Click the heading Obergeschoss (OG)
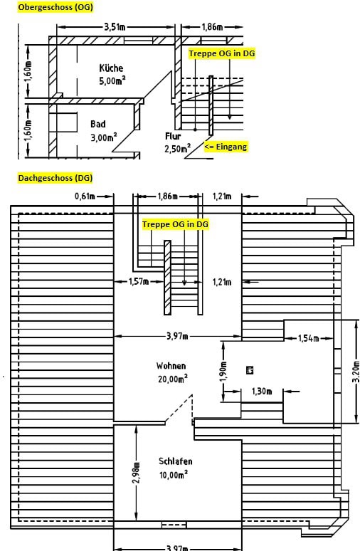55,7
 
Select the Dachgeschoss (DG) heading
55,178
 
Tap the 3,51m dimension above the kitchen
115,27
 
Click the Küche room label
111,68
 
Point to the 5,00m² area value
112,81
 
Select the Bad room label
98,124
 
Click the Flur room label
173,136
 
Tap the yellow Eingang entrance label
226,147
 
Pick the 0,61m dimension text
85,196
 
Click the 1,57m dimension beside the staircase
139,281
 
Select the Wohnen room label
171,366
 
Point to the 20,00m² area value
172,379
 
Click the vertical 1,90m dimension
225,372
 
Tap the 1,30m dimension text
262,391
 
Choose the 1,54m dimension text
309,338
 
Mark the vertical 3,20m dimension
356,372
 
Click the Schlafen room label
175,461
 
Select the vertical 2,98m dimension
137,472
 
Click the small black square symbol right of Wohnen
250,369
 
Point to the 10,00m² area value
174,475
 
